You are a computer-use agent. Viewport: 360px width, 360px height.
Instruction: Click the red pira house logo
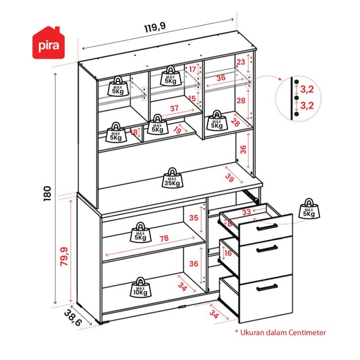pos(49,43)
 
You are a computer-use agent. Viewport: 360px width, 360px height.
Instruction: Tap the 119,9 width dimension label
pos(155,28)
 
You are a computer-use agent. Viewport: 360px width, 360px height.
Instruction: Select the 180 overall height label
pos(47,193)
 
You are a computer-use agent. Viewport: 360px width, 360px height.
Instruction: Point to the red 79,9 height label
pos(64,256)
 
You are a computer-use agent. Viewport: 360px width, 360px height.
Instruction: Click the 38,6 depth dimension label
pos(72,318)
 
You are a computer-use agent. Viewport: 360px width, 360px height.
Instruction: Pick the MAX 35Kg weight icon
pos(172,178)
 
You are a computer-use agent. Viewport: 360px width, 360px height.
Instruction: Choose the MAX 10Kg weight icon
pos(140,287)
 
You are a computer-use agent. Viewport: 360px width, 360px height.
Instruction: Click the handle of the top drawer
pos(267,227)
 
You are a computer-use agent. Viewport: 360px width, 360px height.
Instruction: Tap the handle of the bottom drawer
pos(267,288)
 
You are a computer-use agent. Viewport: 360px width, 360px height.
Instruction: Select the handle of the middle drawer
pos(267,249)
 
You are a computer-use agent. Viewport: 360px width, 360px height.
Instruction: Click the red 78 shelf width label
pos(164,239)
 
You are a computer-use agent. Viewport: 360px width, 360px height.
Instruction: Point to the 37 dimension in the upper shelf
pos(174,108)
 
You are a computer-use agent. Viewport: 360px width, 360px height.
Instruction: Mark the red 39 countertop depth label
pos(229,177)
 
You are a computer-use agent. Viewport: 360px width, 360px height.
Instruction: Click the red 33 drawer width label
pos(246,212)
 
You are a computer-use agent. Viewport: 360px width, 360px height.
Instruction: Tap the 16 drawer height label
pos(228,253)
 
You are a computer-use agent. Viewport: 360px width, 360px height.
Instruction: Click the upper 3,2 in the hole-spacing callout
pos(307,89)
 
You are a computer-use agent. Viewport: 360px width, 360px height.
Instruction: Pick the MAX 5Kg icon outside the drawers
pos(309,209)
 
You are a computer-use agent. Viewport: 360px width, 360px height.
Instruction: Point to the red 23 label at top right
pos(241,62)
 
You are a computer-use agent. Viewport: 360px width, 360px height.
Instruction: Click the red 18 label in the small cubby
pos(134,132)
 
